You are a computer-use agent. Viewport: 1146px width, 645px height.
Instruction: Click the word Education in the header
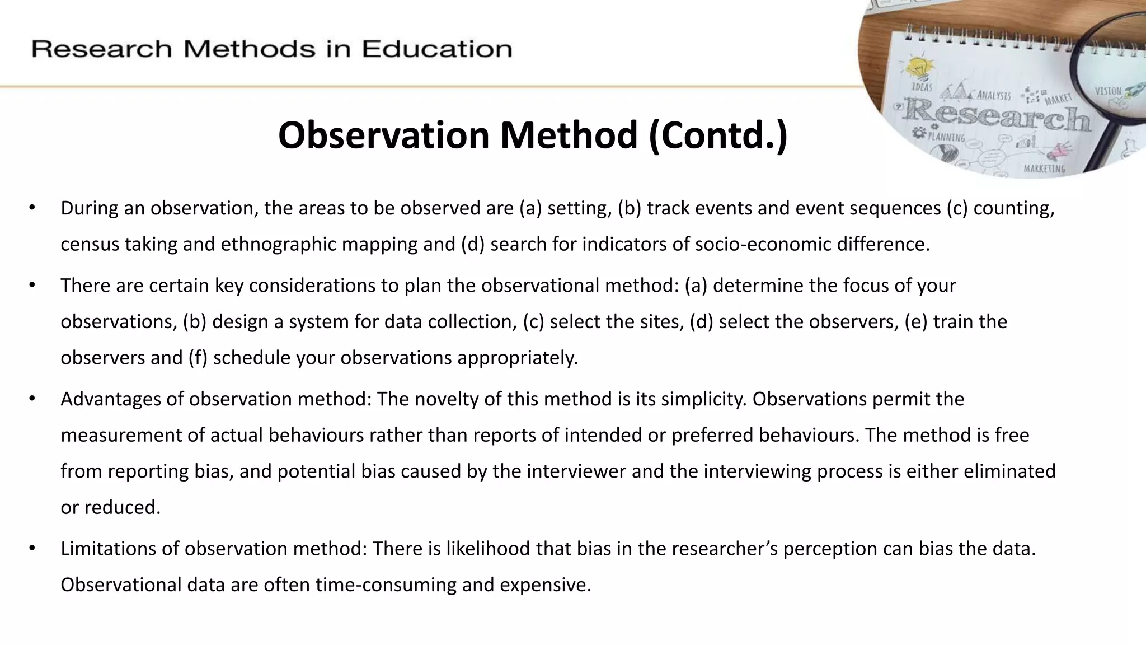pyautogui.click(x=437, y=49)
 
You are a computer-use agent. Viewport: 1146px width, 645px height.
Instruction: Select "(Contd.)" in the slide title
pyautogui.click(x=718, y=135)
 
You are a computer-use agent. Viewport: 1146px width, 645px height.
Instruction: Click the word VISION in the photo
pyautogui.click(x=1108, y=91)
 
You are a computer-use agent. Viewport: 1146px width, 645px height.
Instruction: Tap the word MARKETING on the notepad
pyautogui.click(x=1044, y=169)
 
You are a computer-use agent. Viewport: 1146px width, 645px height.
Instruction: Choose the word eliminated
pyautogui.click(x=1009, y=471)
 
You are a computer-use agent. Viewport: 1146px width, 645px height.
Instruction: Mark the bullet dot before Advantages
pyautogui.click(x=32, y=399)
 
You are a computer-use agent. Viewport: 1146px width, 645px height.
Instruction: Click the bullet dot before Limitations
pyautogui.click(x=32, y=548)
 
